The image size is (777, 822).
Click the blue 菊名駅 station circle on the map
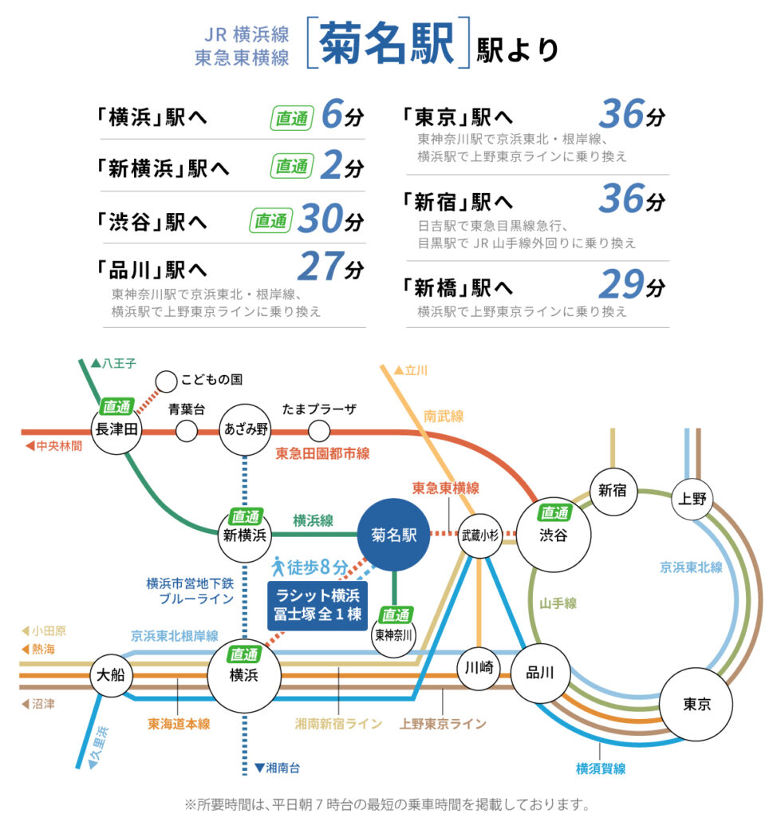[393, 535]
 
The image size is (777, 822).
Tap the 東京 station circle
[696, 704]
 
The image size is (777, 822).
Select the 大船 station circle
[111, 674]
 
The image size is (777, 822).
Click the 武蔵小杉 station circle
[479, 535]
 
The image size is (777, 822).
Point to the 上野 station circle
[692, 499]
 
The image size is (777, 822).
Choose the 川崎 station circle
[479, 668]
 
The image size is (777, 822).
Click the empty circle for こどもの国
[166, 381]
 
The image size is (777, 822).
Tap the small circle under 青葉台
[187, 432]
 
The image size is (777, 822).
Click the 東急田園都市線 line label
[322, 453]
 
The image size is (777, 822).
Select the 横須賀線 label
[601, 769]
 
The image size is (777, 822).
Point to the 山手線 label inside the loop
[558, 603]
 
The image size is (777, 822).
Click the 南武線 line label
[444, 417]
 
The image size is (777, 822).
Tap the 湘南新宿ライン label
[338, 724]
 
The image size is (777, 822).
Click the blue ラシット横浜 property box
[317, 606]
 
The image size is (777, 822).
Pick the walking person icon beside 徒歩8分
[278, 566]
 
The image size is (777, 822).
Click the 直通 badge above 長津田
[116, 406]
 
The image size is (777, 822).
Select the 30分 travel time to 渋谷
[330, 219]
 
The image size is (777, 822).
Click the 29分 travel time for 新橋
[632, 284]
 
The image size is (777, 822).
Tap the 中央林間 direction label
[54, 446]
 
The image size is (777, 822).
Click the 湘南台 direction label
[277, 768]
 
